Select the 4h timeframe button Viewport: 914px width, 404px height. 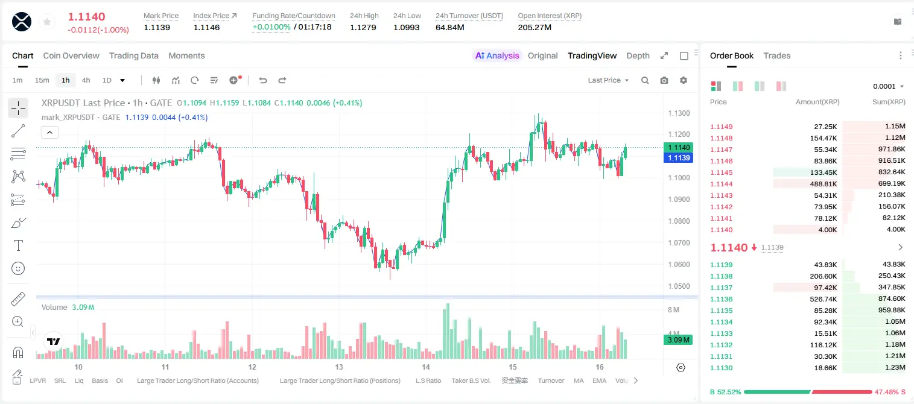(86, 80)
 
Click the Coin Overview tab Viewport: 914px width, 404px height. (71, 55)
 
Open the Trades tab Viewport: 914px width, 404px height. (777, 55)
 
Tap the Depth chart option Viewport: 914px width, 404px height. (638, 55)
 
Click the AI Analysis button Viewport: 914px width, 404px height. (497, 55)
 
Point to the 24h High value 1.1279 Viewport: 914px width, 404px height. (363, 27)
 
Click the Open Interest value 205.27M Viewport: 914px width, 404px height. (535, 27)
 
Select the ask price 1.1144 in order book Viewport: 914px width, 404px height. (721, 184)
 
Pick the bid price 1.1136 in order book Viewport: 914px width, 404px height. (721, 299)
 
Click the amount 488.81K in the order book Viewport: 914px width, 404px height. (823, 184)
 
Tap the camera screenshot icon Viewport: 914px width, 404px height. (664, 80)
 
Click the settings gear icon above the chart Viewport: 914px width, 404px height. (684, 80)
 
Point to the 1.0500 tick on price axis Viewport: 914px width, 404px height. (679, 286)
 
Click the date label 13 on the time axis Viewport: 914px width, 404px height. (339, 367)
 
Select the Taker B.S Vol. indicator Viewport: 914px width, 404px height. (471, 380)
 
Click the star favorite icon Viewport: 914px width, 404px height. (47, 22)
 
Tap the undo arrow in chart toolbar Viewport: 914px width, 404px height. (263, 80)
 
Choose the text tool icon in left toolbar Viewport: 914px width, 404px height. (18, 245)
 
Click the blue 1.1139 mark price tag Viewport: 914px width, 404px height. (679, 158)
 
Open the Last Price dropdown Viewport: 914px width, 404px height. (608, 80)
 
